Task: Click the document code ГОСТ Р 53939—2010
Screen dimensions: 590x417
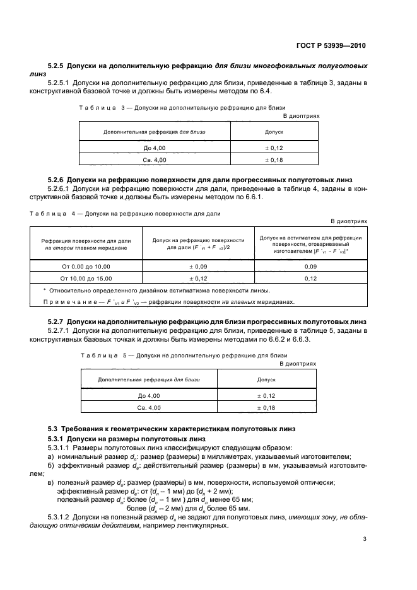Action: click(332, 46)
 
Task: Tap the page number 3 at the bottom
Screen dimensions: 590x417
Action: click(365, 539)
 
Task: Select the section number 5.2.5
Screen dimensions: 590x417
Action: click(56, 66)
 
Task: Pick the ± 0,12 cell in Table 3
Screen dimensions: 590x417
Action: click(273, 148)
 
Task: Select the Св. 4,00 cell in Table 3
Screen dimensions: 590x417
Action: click(155, 160)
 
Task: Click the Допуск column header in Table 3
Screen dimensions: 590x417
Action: click(273, 132)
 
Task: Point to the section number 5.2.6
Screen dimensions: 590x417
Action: click(56, 180)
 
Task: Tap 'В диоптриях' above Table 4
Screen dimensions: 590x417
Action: click(349, 221)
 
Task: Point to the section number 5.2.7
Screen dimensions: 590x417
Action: click(56, 321)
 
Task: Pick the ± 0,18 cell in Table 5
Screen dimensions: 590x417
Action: click(266, 408)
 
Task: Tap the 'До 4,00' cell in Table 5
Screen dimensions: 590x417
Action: click(149, 396)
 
